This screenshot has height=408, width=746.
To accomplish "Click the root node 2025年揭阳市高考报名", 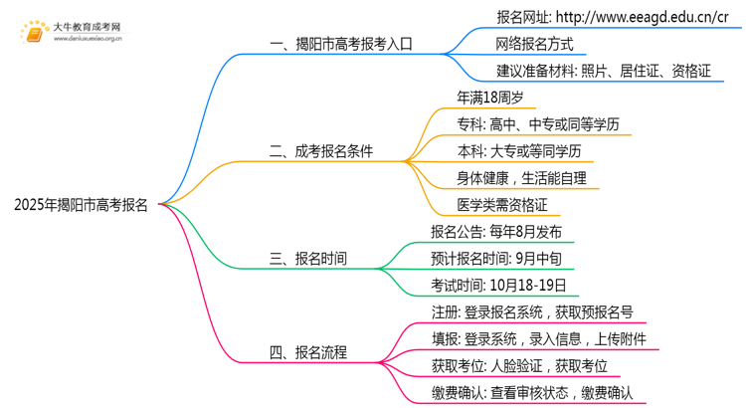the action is [x=81, y=205].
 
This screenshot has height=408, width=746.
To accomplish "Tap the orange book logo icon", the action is [x=34, y=33].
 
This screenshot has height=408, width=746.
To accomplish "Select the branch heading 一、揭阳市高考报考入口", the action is [x=341, y=44].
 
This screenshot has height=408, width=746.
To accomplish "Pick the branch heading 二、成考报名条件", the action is [x=321, y=151].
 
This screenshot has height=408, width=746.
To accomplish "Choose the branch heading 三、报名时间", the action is [x=307, y=259].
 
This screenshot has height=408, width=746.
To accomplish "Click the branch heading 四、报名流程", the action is [x=307, y=352].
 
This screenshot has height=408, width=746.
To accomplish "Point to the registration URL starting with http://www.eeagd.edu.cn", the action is [x=643, y=17].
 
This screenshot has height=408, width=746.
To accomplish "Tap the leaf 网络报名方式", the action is [x=534, y=44].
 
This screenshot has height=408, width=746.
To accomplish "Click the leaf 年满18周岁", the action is [x=490, y=98].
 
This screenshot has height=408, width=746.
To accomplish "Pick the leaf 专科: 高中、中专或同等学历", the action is [x=538, y=124].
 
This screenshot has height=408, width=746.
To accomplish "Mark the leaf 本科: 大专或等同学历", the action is [x=519, y=151].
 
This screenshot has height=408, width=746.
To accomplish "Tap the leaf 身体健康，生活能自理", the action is [x=521, y=178].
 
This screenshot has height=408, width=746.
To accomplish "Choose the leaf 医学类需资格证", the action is [x=502, y=205].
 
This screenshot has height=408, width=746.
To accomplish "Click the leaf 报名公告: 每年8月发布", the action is [x=496, y=232].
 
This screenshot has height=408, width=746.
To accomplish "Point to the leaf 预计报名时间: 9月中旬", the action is [x=496, y=259].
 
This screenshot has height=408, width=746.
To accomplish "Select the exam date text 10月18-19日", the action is [x=528, y=286].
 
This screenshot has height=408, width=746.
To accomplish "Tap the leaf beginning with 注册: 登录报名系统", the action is [x=532, y=312].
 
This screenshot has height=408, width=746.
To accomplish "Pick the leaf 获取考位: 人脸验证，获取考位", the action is [x=519, y=365].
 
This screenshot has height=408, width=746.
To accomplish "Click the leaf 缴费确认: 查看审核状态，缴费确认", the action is [x=532, y=393].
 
